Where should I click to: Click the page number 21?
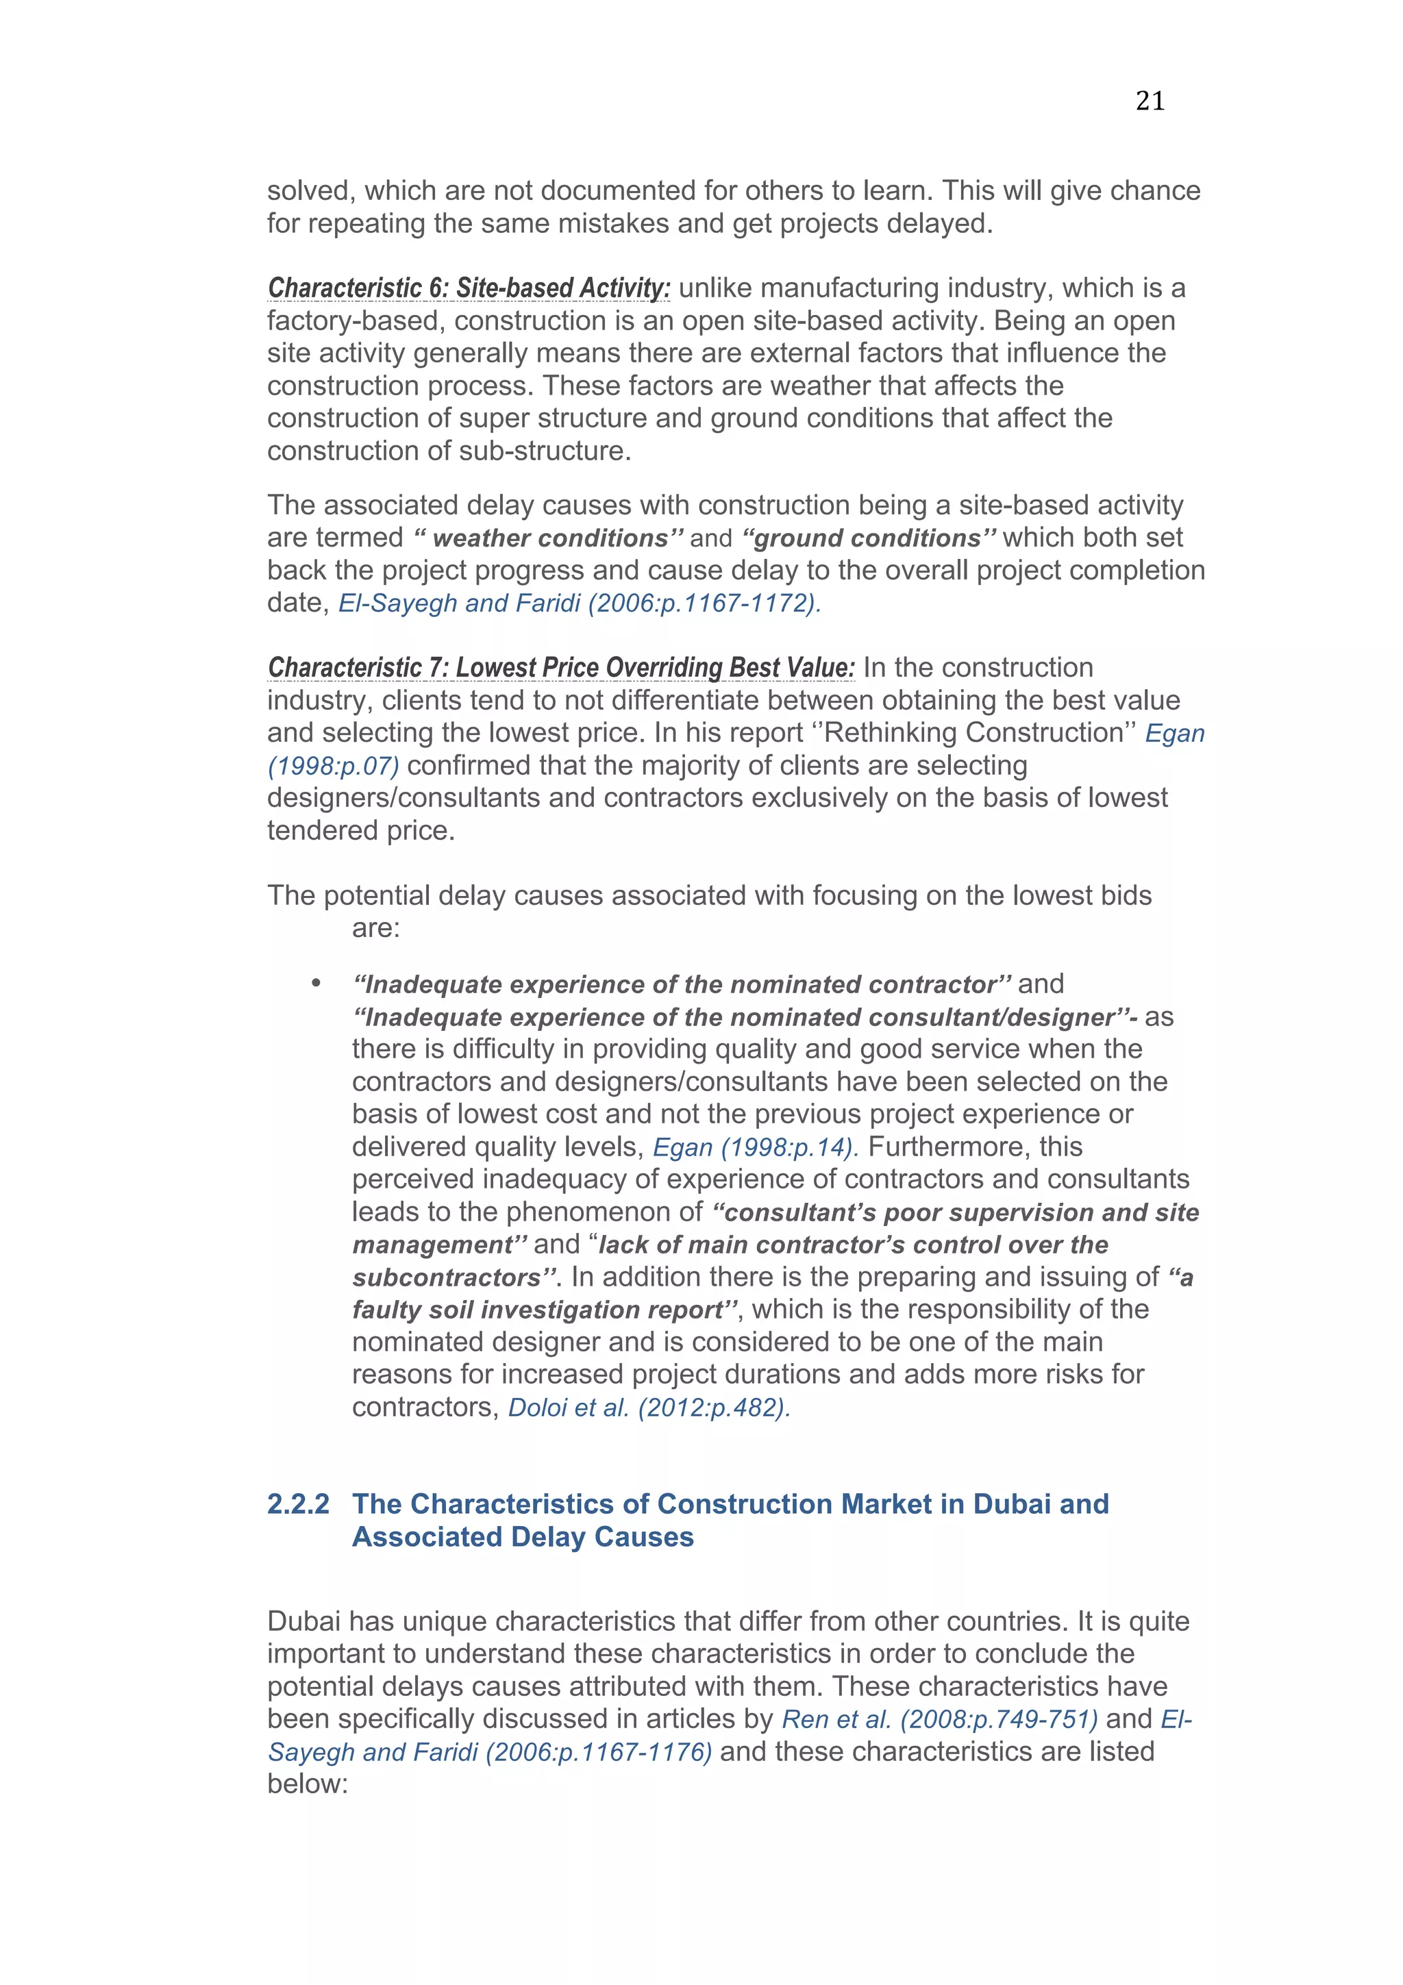tap(1150, 101)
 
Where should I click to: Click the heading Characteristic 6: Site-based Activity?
tap(469, 288)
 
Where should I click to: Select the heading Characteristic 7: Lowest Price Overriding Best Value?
tap(561, 667)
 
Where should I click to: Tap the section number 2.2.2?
tap(298, 1503)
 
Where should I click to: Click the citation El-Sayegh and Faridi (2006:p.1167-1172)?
tap(579, 603)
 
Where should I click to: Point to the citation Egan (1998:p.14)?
tap(755, 1147)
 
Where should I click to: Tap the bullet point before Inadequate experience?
tap(316, 984)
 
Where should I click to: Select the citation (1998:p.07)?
tap(333, 766)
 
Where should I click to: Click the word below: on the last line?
tap(307, 1784)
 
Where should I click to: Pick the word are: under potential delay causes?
tap(375, 929)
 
